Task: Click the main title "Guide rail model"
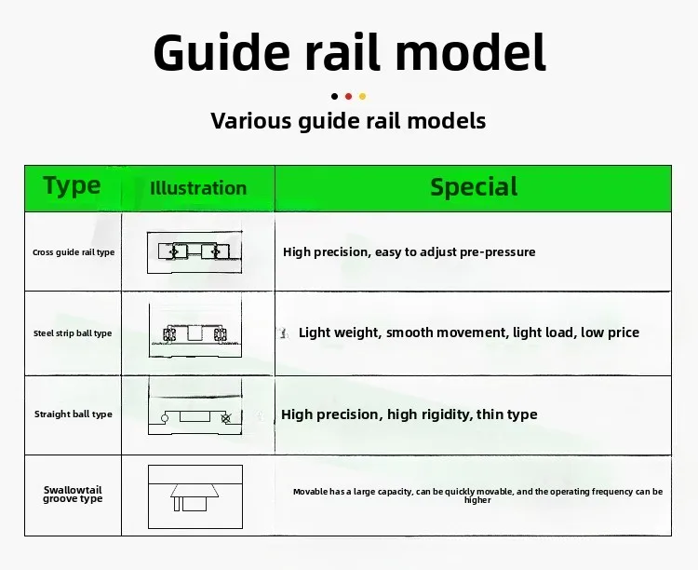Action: tap(349, 52)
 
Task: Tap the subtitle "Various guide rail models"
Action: tap(348, 121)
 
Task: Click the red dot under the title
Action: tap(348, 96)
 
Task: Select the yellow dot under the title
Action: tap(362, 96)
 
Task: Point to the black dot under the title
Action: tap(334, 96)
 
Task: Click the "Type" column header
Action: tap(72, 186)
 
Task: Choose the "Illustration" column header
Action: tap(198, 188)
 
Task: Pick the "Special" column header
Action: tap(474, 187)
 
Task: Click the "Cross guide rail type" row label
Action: tap(74, 252)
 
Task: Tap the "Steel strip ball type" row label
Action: tap(73, 333)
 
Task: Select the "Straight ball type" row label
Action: tap(74, 414)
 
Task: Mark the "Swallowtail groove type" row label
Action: tap(73, 495)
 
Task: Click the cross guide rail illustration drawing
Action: tap(195, 251)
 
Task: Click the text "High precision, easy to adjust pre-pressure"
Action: tap(409, 252)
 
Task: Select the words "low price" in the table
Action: tap(610, 332)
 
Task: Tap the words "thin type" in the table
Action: tap(507, 414)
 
